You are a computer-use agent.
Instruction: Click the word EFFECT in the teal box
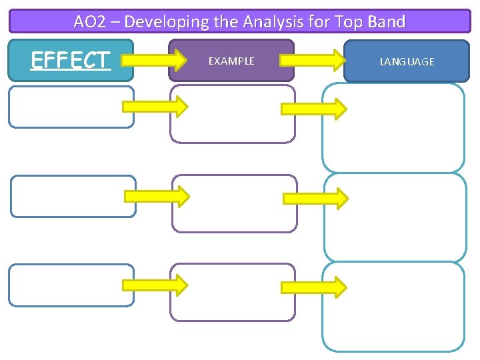(71, 60)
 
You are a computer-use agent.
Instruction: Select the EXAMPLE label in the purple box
(231, 61)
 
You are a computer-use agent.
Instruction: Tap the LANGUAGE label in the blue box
(407, 61)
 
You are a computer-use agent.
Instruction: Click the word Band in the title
(387, 21)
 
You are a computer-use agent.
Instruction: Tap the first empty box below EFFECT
(71, 107)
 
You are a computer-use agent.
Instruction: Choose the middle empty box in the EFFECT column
(73, 196)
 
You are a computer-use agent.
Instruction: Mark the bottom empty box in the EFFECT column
(71, 285)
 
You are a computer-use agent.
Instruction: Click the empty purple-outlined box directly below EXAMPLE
(233, 114)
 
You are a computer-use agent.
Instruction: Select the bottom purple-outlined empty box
(233, 292)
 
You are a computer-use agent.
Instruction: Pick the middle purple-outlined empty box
(234, 203)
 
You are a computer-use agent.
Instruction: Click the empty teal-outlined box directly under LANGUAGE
(393, 128)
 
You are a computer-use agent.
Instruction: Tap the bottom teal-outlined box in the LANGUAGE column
(393, 306)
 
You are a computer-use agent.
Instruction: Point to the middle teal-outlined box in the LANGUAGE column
(395, 217)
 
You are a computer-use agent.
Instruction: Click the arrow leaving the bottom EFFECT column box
(155, 285)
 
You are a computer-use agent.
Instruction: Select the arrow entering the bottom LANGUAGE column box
(313, 287)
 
